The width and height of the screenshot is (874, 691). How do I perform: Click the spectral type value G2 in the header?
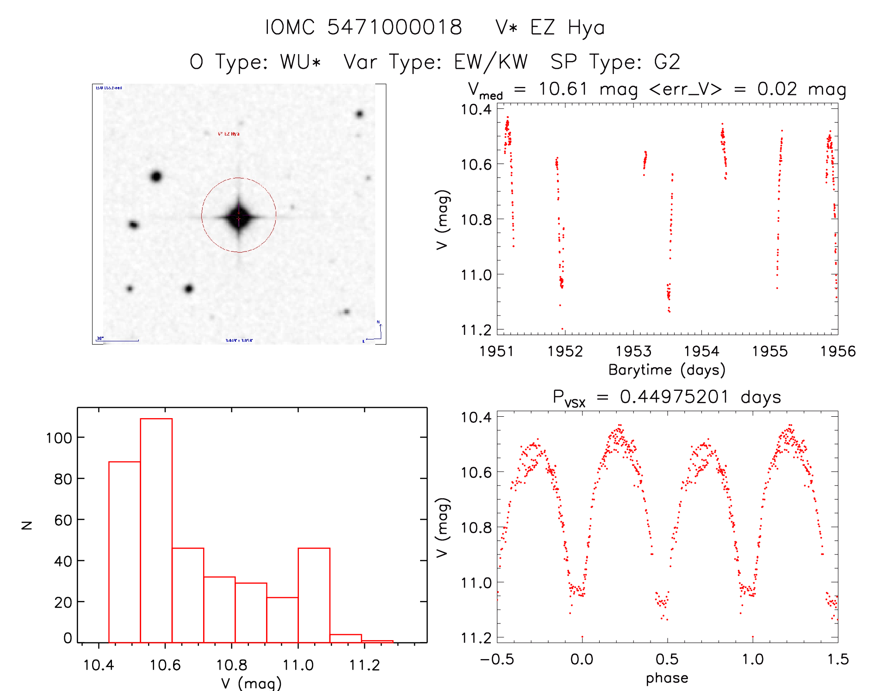click(x=667, y=62)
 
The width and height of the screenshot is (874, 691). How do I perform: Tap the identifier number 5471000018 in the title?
click(x=395, y=27)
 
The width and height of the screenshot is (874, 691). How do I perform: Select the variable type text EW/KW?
click(x=491, y=62)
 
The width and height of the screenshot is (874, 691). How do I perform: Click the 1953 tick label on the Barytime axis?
click(x=633, y=352)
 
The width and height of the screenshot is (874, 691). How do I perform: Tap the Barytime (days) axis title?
click(x=667, y=370)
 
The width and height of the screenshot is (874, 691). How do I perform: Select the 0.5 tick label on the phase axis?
click(x=667, y=659)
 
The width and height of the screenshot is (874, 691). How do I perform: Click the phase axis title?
click(x=667, y=678)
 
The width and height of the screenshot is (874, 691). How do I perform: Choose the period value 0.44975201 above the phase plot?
click(x=674, y=397)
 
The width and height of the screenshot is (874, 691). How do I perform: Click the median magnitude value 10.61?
click(x=563, y=89)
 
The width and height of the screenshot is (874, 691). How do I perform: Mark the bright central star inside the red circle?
click(x=239, y=217)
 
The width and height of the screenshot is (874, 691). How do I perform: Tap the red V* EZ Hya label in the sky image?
click(x=229, y=134)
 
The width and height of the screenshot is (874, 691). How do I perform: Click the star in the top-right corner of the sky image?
click(x=360, y=114)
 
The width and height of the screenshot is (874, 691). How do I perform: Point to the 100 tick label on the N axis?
click(x=59, y=438)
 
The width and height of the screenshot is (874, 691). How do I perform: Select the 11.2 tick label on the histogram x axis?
click(x=364, y=665)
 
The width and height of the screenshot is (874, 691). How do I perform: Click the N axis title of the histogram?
click(x=27, y=525)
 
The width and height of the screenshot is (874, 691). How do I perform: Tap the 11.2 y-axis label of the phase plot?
click(x=476, y=638)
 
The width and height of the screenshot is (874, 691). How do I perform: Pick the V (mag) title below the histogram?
click(x=251, y=683)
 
